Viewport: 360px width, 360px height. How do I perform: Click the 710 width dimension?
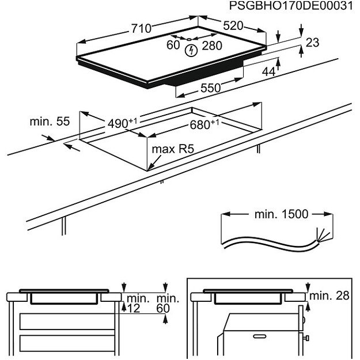click(140, 28)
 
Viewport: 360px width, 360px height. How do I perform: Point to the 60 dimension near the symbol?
click(173, 46)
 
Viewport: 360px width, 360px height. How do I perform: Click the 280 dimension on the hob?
click(212, 46)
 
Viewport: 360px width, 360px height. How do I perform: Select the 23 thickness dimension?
click(312, 43)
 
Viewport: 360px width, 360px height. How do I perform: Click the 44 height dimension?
click(268, 71)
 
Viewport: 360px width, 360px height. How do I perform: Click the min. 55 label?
click(50, 122)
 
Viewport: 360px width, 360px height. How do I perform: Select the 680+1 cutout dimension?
click(205, 125)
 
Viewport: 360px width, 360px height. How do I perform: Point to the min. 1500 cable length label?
click(281, 214)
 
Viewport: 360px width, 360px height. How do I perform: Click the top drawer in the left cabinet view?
click(63, 320)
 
